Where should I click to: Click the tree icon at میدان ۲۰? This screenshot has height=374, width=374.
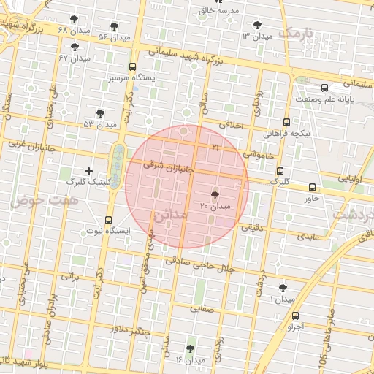tap(214, 195)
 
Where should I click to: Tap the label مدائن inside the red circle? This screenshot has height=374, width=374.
tap(172, 215)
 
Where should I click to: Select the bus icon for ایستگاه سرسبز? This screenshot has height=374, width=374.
tap(132, 66)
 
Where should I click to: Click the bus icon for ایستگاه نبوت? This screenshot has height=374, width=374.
tap(109, 220)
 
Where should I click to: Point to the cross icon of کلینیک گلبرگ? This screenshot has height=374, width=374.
tap(89, 171)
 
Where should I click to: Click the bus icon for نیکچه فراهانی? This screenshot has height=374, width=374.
tap(286, 123)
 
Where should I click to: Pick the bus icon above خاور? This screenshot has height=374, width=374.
tap(313, 187)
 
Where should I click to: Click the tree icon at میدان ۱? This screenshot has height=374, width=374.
tap(283, 289)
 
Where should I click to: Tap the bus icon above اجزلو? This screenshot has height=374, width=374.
tap(295, 316)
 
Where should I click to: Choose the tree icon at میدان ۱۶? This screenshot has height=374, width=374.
tap(191, 349)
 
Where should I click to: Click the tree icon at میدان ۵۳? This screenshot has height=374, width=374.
tap(100, 113)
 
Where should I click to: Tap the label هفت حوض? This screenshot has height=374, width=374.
tap(49, 199)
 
